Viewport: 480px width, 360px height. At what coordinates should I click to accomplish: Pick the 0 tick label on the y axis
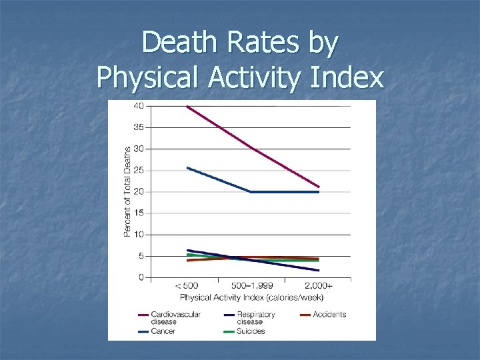click(x=141, y=277)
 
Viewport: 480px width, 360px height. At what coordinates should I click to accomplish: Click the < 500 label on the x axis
click(x=187, y=286)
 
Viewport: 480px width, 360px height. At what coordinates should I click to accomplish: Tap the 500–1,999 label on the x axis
click(x=252, y=286)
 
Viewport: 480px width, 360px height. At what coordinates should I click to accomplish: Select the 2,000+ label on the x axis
click(x=319, y=286)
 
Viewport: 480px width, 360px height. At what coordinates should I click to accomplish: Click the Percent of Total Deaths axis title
click(x=127, y=192)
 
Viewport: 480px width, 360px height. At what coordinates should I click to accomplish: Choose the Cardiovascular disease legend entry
click(x=175, y=317)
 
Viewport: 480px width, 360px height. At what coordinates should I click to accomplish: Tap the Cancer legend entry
click(x=162, y=331)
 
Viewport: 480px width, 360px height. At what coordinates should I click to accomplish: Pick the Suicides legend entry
click(x=249, y=331)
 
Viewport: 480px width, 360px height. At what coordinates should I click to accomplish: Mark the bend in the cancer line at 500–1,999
click(x=251, y=191)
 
